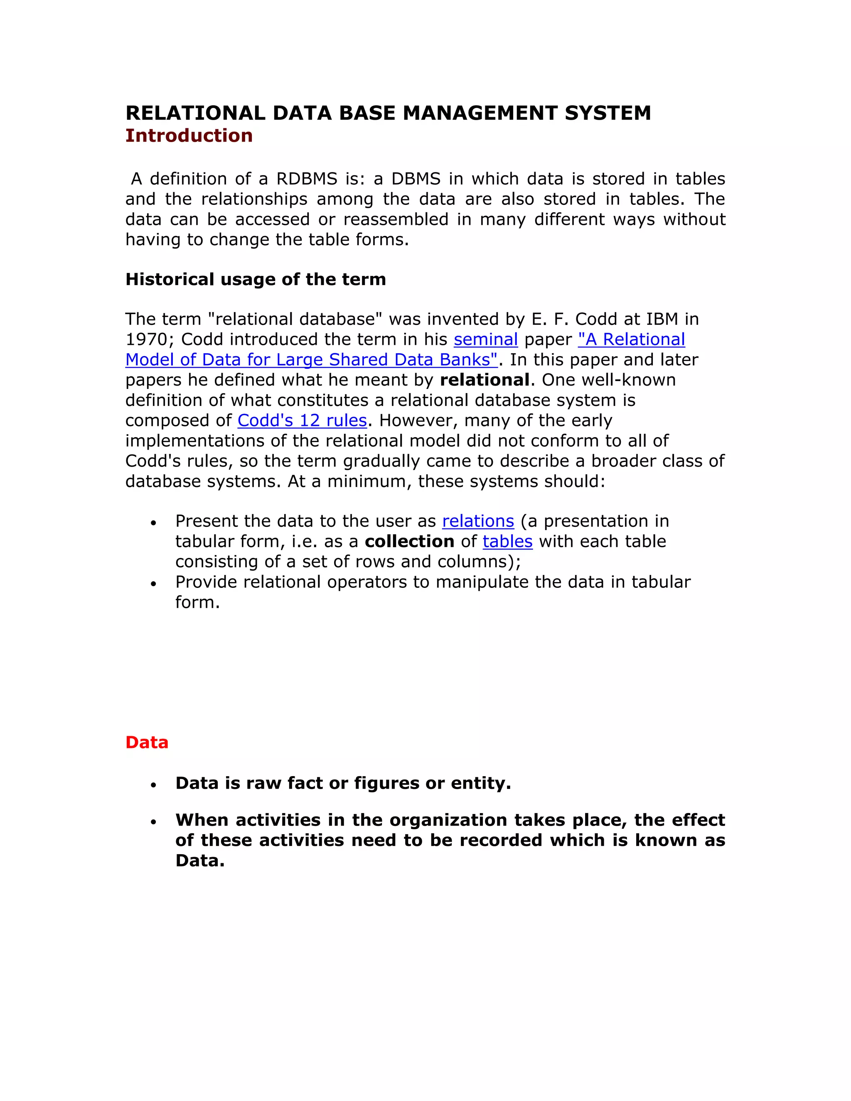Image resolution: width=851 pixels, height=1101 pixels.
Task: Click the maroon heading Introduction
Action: (189, 135)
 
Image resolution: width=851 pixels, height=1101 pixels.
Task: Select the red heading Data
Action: (146, 742)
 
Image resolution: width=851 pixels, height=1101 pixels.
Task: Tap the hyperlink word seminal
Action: (485, 339)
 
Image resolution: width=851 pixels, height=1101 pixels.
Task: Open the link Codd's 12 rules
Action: (302, 420)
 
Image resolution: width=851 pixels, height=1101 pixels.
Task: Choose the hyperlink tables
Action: (507, 541)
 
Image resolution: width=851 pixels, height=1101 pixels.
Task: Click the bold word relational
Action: (485, 380)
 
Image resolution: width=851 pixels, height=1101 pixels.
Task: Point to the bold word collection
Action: (409, 541)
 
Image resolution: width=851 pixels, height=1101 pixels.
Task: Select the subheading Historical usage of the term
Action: (255, 279)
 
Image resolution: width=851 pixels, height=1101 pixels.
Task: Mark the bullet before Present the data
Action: (154, 523)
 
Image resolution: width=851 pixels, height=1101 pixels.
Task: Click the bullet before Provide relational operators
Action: (154, 584)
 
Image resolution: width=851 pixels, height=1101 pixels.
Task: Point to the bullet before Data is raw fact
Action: (154, 785)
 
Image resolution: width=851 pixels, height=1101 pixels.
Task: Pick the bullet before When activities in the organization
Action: (154, 822)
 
